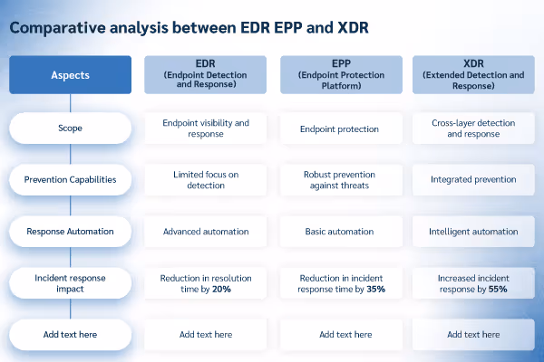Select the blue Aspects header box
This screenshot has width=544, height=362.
click(x=70, y=75)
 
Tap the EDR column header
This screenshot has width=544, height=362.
click(x=205, y=75)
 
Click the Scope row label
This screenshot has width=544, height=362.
click(x=70, y=129)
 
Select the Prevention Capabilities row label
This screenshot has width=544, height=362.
click(x=70, y=179)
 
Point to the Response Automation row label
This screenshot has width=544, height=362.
click(x=70, y=231)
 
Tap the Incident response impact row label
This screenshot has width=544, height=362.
click(x=70, y=283)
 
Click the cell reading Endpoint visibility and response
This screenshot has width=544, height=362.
click(x=205, y=129)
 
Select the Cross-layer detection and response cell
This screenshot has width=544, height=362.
click(x=473, y=129)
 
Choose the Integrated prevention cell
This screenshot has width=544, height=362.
click(x=473, y=179)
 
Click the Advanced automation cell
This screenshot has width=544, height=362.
click(x=205, y=231)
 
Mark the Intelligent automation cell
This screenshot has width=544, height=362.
click(x=473, y=231)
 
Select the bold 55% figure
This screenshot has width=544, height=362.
click(x=497, y=290)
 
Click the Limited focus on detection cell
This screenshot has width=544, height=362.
click(x=205, y=179)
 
